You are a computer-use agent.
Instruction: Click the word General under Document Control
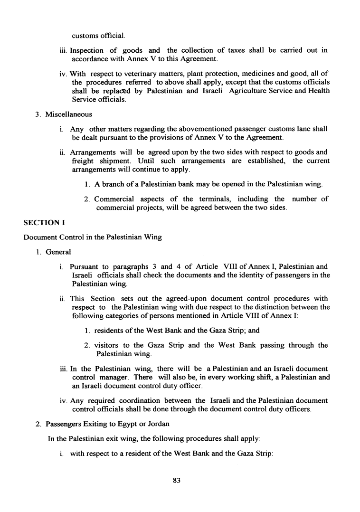(x=58, y=252)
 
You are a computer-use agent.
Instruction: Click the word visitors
(x=107, y=345)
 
